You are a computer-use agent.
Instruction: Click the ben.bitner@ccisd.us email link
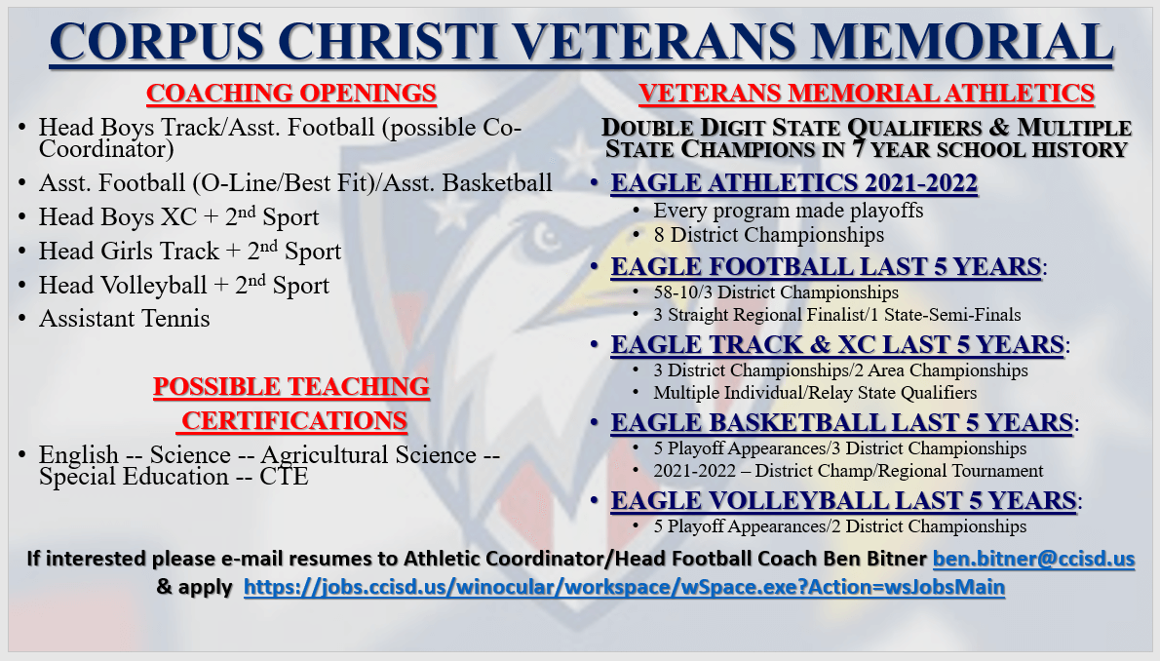(x=1033, y=560)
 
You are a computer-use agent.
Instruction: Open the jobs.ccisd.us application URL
(x=623, y=588)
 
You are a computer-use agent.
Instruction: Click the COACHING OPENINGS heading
(x=290, y=94)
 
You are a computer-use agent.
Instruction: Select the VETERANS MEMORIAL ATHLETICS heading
(x=866, y=94)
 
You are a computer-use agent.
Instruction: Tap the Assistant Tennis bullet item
(x=124, y=318)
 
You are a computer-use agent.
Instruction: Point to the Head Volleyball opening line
(x=183, y=285)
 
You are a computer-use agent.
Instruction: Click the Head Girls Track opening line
(x=189, y=251)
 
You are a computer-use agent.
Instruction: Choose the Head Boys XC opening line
(x=178, y=216)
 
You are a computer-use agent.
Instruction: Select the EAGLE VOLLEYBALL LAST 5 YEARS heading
(x=843, y=501)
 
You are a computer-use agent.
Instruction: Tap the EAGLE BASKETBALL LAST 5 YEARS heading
(x=841, y=423)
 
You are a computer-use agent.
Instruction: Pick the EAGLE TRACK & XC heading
(x=836, y=345)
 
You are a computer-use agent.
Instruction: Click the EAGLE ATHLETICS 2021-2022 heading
(x=793, y=184)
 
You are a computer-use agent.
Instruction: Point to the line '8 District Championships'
(x=768, y=235)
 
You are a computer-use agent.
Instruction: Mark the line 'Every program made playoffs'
(x=788, y=211)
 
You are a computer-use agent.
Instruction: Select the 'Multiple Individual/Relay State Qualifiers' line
(x=815, y=393)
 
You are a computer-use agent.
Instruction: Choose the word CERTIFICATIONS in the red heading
(x=293, y=420)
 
